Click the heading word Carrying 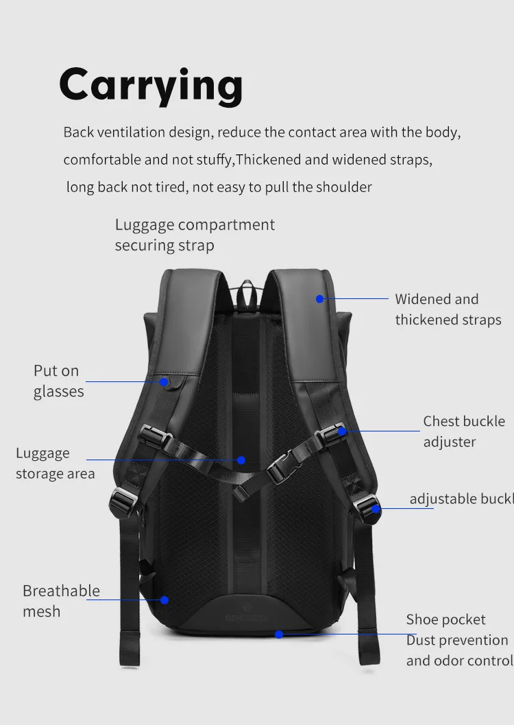point(151,86)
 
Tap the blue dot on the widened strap point(319,298)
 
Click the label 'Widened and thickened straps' point(448,309)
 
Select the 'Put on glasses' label point(58,381)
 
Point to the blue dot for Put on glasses point(164,381)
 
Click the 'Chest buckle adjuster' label point(463,431)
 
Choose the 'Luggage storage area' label point(55,463)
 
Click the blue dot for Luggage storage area point(241,460)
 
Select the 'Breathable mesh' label point(61,601)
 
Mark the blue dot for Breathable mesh point(164,599)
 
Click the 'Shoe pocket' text point(445,619)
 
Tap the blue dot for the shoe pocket point(279,634)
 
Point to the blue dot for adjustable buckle point(376,508)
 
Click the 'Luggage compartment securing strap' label point(195,235)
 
